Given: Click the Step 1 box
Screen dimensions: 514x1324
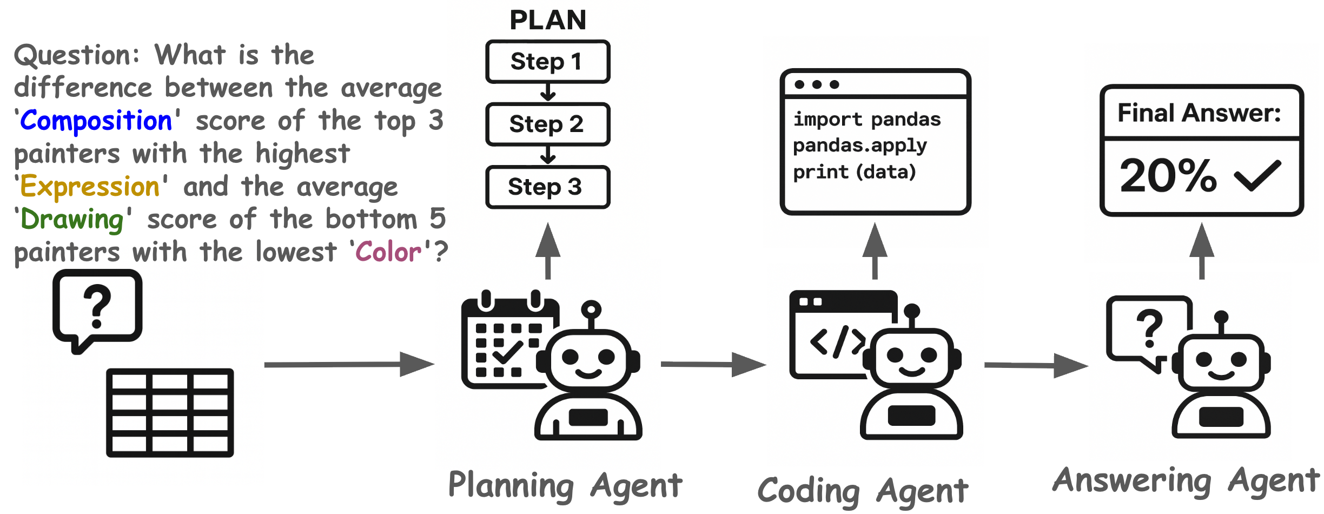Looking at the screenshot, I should coord(547,62).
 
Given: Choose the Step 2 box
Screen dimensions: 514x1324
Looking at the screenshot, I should coord(547,124).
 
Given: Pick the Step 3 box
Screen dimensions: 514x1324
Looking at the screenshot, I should coord(547,187).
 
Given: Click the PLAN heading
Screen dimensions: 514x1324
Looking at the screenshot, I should coord(547,21).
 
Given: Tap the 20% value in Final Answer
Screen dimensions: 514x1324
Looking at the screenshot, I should coord(1168,176).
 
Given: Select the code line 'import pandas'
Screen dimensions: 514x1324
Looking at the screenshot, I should coord(866,120).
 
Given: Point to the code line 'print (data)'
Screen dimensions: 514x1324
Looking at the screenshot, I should coord(854,173).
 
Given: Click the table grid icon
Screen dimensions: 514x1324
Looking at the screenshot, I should coord(170,413).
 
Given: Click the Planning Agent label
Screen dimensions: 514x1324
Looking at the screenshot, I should coord(565,485).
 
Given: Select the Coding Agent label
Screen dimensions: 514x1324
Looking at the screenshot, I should coord(862,491).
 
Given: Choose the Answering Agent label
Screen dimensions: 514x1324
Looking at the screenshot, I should coord(1186,480).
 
